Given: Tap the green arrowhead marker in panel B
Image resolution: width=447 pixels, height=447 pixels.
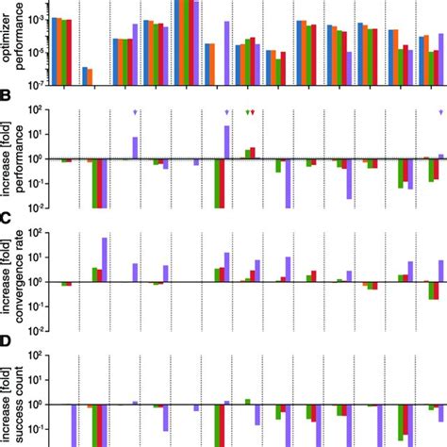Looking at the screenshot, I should pyautogui.click(x=247, y=112).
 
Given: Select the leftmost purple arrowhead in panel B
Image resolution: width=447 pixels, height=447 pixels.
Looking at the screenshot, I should pyautogui.click(x=136, y=112).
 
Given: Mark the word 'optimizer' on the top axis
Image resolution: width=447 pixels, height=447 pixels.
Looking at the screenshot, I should pyautogui.click(x=7, y=42).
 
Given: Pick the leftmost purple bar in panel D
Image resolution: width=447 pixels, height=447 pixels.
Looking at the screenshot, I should pyautogui.click(x=74, y=425).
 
